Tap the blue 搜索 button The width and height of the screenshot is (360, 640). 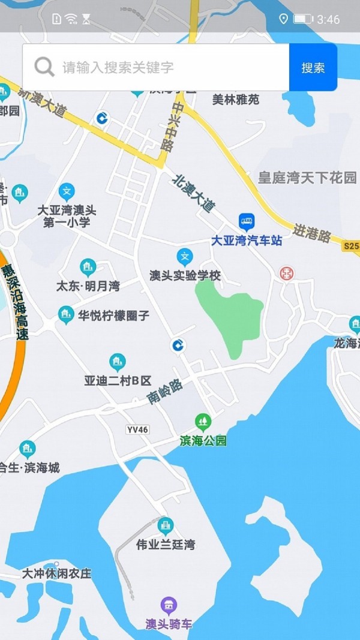(313, 67)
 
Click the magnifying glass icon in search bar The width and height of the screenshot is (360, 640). (44, 67)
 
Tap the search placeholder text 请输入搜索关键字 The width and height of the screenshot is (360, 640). (118, 67)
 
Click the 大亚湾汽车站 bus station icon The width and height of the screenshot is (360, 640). (247, 222)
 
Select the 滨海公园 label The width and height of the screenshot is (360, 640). (203, 441)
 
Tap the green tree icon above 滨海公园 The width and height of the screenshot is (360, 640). (203, 422)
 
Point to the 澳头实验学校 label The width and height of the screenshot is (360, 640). (185, 276)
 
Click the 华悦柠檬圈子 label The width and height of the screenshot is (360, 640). (113, 316)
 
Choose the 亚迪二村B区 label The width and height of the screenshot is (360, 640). (118, 381)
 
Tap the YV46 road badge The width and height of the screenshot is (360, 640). (137, 429)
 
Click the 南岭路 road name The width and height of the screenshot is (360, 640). (165, 391)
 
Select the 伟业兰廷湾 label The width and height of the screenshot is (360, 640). (165, 545)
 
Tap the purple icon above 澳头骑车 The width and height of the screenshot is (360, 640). (169, 605)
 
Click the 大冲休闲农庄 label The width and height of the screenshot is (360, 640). (56, 573)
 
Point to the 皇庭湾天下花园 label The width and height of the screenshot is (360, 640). (307, 178)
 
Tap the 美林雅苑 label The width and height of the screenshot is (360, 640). (236, 100)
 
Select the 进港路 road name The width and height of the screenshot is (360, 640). (312, 233)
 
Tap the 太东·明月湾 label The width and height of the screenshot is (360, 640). (88, 286)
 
